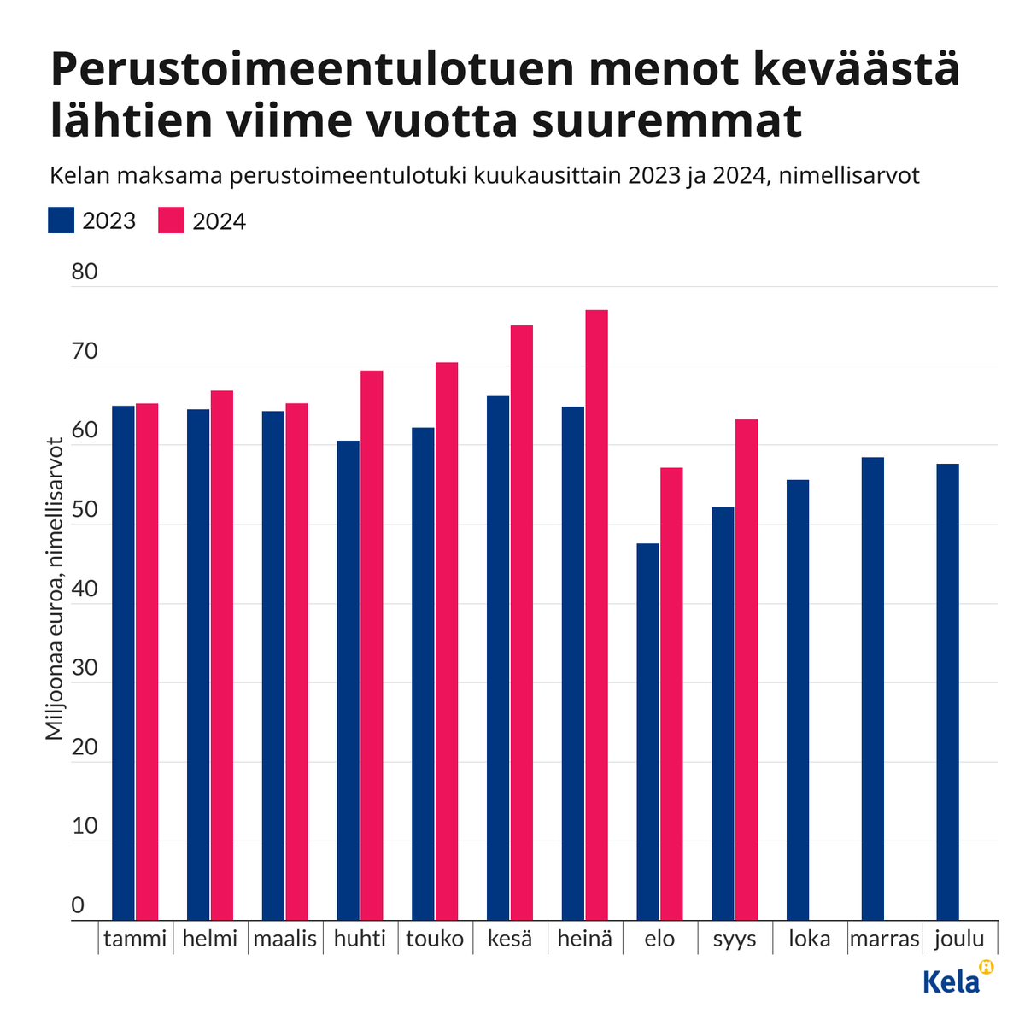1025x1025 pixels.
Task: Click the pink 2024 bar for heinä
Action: point(596,615)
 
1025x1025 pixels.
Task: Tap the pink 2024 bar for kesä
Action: point(521,623)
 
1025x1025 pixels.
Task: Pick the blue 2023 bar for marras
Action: point(872,688)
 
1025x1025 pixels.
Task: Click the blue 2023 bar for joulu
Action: point(947,692)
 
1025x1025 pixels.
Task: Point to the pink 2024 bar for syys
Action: point(746,670)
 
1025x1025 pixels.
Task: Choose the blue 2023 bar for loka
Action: point(798,700)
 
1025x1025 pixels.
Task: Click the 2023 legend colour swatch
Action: point(61,220)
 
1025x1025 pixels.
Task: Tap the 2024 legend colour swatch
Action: point(172,220)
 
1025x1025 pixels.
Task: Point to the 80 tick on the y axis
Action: point(85,272)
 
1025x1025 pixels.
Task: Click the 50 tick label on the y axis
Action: point(85,510)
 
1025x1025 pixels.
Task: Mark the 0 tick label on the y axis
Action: point(79,905)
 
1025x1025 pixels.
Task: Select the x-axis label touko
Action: point(435,939)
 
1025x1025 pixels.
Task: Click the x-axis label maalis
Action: point(285,939)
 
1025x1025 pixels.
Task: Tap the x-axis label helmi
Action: point(210,939)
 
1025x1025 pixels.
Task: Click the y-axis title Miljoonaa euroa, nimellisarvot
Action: point(55,589)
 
